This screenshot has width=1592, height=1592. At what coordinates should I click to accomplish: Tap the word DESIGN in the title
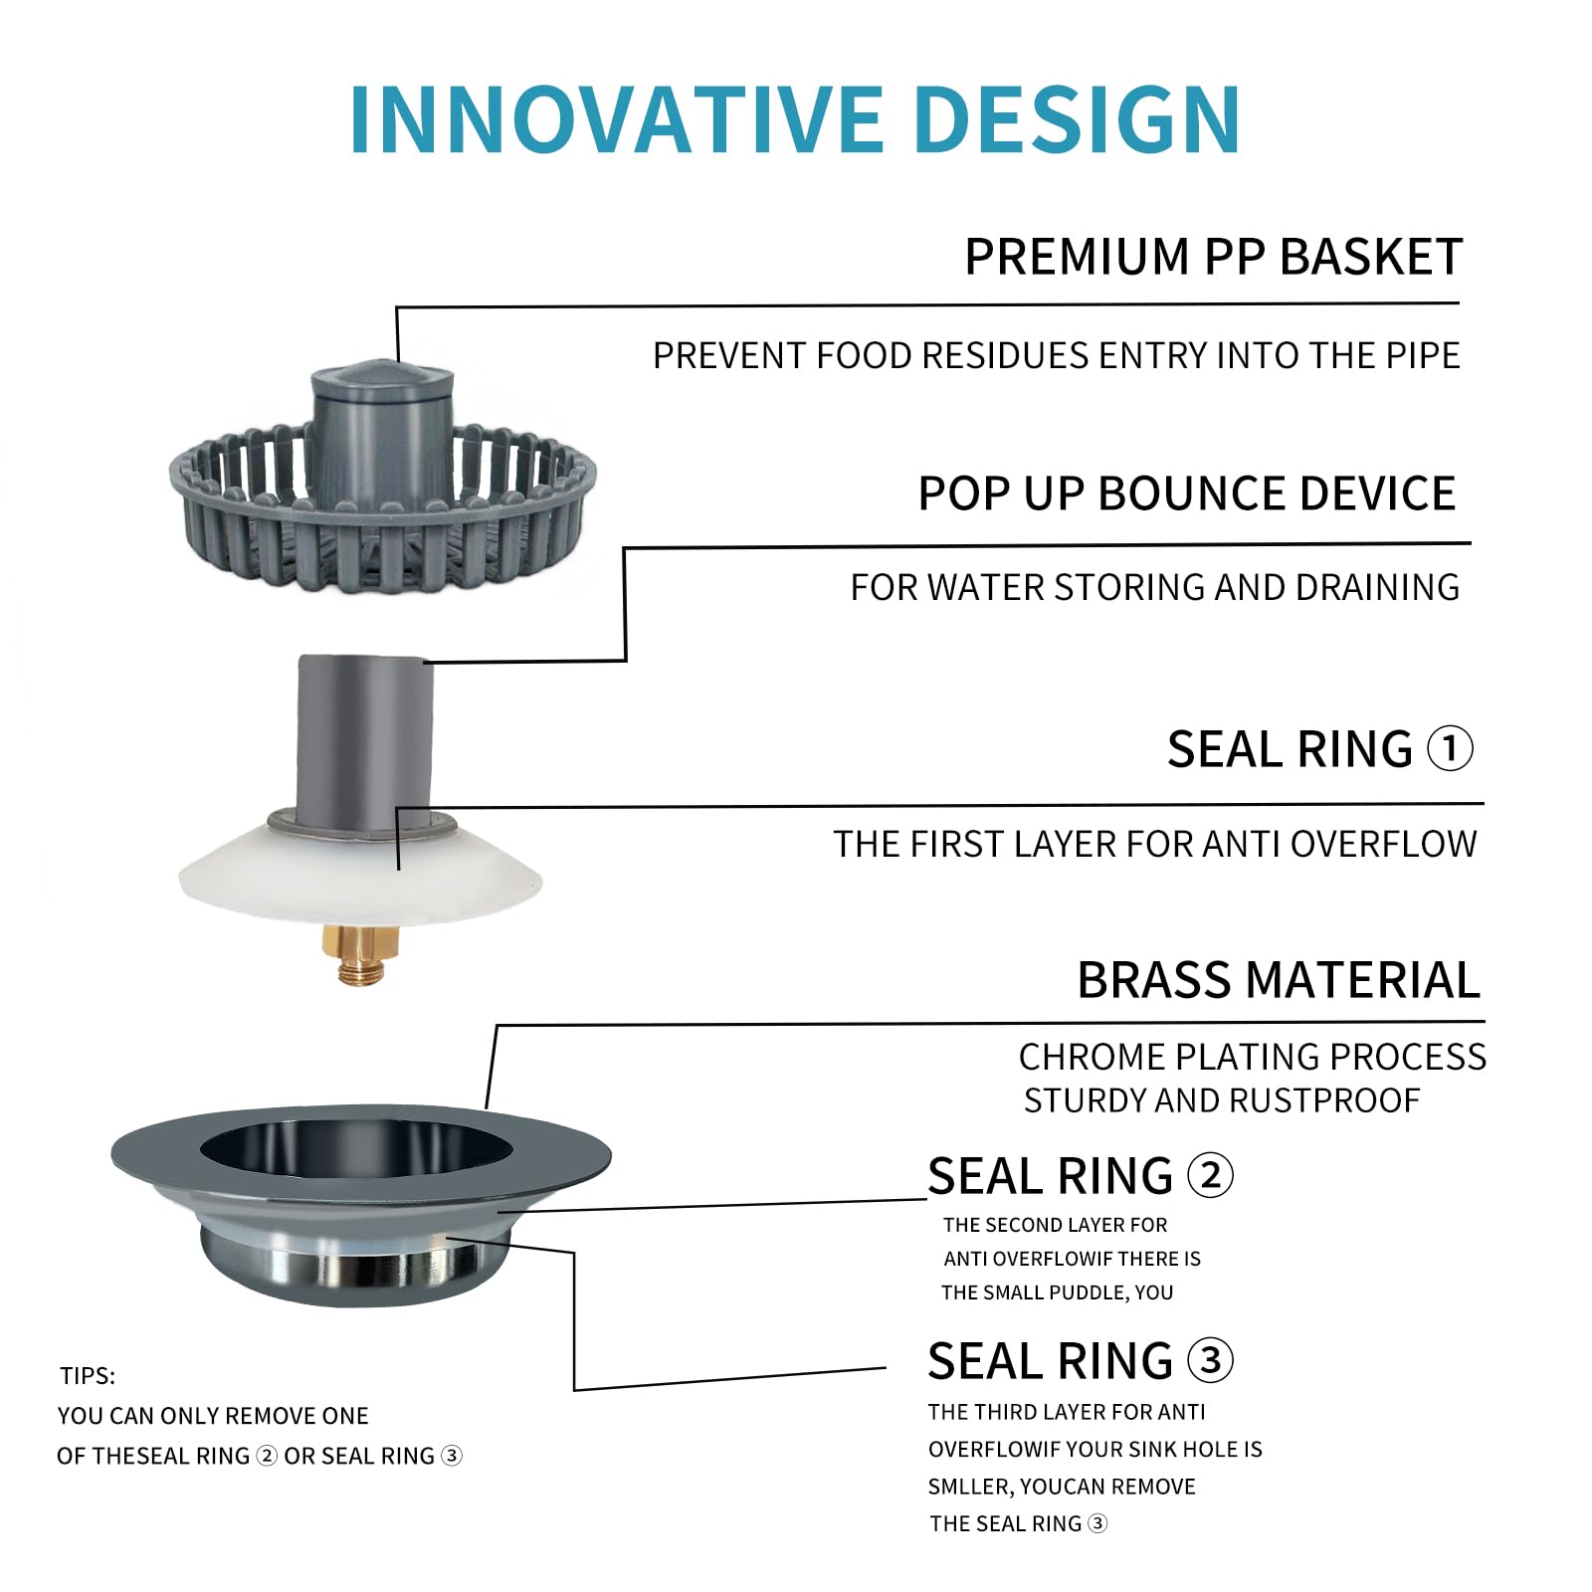click(1077, 119)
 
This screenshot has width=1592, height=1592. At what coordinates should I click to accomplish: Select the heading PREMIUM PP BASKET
click(1213, 257)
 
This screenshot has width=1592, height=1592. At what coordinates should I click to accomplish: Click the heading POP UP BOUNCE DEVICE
click(1186, 494)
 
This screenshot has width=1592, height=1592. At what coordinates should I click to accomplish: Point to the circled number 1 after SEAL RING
click(1450, 748)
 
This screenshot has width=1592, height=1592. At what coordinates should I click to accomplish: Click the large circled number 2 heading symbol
click(1210, 1175)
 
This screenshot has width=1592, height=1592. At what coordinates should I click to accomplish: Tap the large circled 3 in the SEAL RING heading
click(1210, 1359)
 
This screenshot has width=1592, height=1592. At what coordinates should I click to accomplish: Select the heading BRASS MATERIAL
click(1279, 980)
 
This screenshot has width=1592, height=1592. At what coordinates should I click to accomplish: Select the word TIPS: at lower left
click(88, 1376)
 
